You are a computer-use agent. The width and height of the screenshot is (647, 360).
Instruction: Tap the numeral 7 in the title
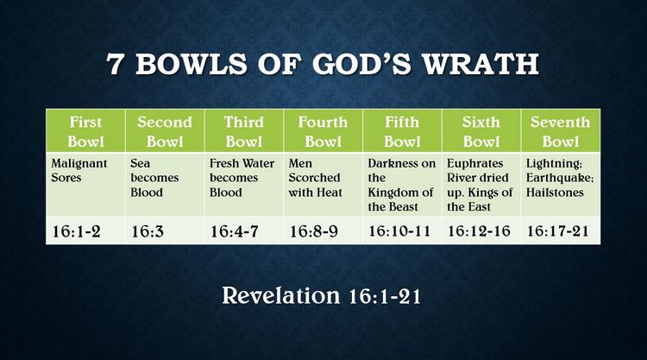point(114,64)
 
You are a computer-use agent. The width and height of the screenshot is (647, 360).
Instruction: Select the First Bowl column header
point(85,131)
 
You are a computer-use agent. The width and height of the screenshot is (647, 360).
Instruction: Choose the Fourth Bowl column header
point(323,131)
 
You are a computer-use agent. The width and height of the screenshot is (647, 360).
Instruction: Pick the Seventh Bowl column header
point(560,131)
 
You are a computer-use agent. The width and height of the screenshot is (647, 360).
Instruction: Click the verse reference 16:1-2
point(76,231)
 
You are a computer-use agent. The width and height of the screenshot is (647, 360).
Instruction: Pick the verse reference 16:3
point(148,231)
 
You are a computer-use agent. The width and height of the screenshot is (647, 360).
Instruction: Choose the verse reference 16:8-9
point(314,231)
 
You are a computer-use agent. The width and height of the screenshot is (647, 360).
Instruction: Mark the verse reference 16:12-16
point(479,231)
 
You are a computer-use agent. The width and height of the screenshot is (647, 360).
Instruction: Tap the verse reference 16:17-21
point(558,231)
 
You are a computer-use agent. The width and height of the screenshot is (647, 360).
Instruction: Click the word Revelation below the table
point(281,295)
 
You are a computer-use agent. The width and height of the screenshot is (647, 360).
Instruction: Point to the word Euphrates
point(475,163)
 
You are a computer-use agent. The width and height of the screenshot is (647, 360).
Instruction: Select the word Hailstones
point(555,193)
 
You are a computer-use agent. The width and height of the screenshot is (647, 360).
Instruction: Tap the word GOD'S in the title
point(361,64)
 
